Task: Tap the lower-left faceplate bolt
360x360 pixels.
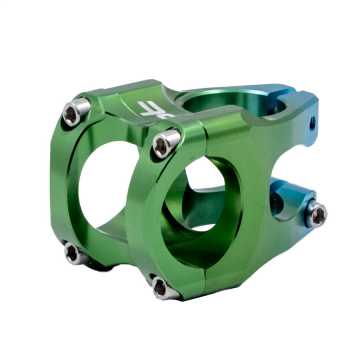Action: [75, 253]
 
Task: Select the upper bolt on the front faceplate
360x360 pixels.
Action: [162, 146]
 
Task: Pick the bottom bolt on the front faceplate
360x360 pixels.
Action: [160, 288]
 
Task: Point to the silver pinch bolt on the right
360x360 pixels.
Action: [317, 211]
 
